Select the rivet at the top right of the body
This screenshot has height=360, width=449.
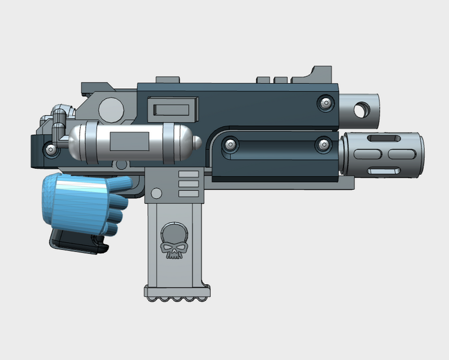click(x=324, y=103)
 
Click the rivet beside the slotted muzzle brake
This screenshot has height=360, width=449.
click(x=324, y=145)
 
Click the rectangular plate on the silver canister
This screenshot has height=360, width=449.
click(x=129, y=140)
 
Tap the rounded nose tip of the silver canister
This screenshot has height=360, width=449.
click(x=196, y=141)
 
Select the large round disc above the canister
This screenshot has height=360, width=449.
click(x=111, y=108)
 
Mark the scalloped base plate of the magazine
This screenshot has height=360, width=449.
click(x=178, y=294)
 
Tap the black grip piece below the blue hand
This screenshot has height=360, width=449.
click(x=76, y=241)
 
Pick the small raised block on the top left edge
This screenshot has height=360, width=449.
click(x=164, y=80)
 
